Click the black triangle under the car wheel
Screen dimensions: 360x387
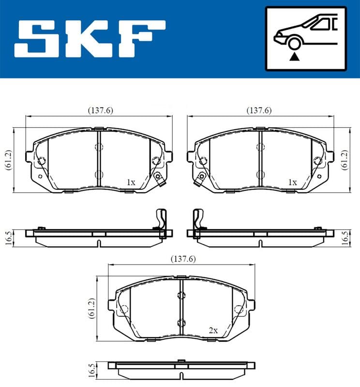[x=294, y=57]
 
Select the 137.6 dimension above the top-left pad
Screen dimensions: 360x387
[x=101, y=110]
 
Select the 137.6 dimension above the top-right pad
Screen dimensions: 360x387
[x=259, y=110]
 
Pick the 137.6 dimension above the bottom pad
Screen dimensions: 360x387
[x=183, y=259]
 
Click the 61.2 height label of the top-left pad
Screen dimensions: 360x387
[x=8, y=160]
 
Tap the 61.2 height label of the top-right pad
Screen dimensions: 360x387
[x=344, y=160]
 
